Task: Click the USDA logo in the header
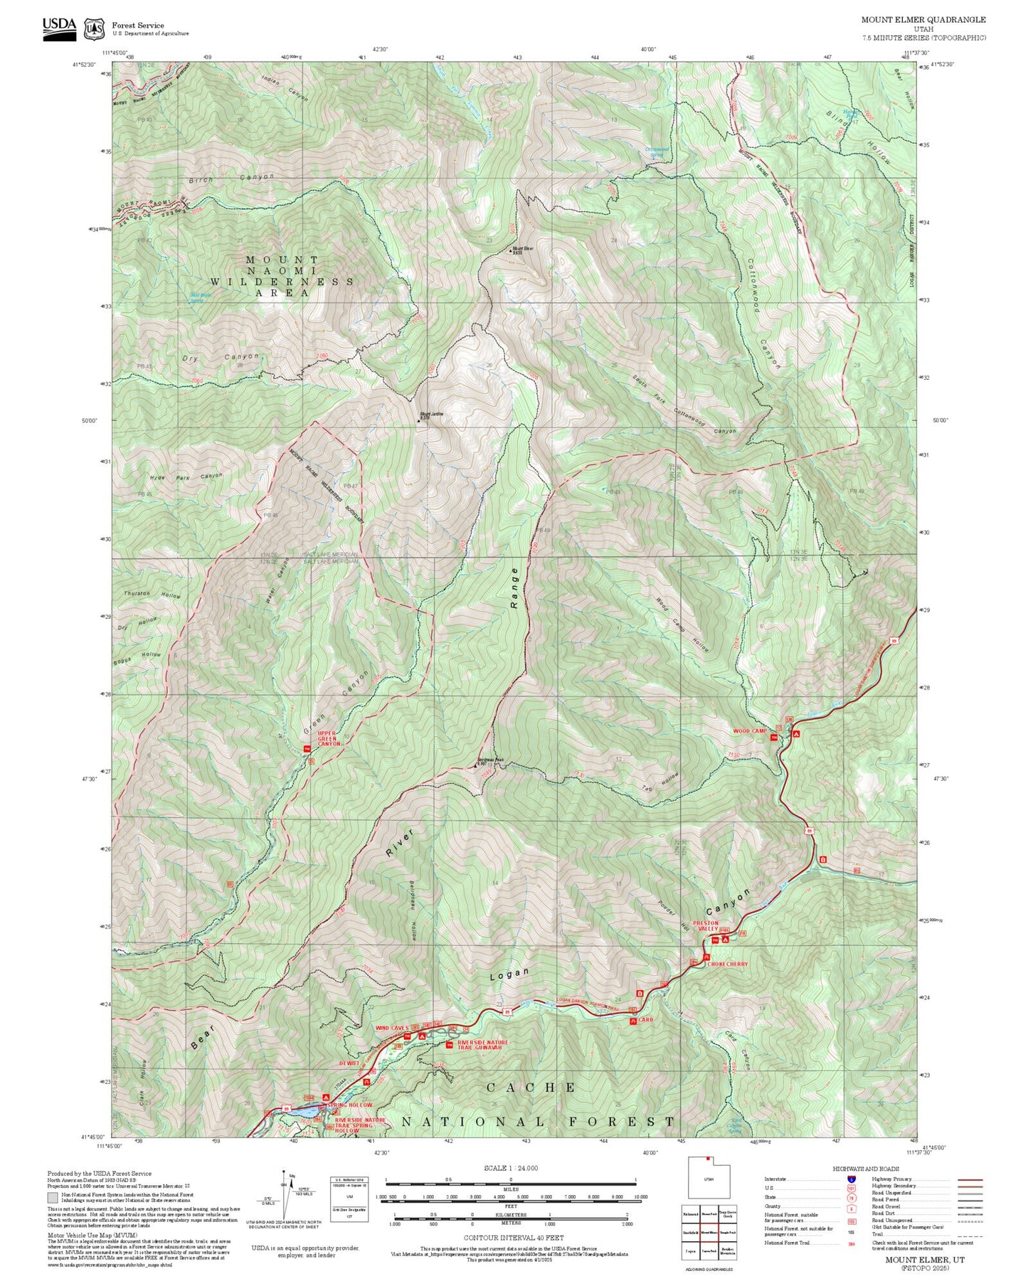(x=59, y=27)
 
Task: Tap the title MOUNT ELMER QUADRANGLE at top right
(x=923, y=20)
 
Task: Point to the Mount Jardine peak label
(x=431, y=415)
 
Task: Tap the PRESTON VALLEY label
(x=708, y=926)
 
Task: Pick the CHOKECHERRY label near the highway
(x=728, y=964)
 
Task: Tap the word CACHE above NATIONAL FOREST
(x=531, y=1088)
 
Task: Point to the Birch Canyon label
(x=231, y=178)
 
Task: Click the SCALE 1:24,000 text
(x=510, y=1168)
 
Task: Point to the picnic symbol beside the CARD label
(x=632, y=1021)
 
